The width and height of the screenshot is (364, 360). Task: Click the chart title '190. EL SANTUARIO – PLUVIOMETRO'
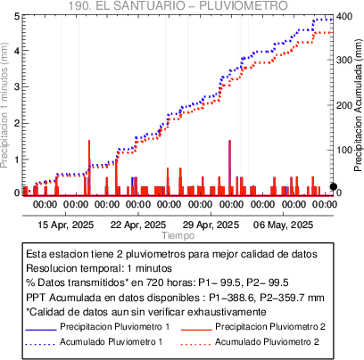pos(178,5)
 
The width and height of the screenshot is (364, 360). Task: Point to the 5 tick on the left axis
pos(17,17)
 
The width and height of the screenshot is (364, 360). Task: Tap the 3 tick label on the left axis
pos(17,87)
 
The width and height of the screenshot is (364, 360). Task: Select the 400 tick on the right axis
pos(344,17)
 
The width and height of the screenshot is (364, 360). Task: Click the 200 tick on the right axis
pos(344,105)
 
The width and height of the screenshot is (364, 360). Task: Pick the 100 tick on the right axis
pos(344,150)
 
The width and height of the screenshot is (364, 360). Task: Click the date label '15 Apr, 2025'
pos(66,225)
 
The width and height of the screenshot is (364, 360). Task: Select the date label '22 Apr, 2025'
pos(138,225)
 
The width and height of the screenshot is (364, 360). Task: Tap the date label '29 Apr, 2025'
pos(211,225)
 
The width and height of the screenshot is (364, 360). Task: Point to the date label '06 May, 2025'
pos(283,225)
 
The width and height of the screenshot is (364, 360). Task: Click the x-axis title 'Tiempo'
pos(178,235)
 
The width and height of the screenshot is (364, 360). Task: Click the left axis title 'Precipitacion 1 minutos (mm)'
pos(4,105)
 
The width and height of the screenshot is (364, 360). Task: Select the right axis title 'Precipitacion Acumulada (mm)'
pos(359,105)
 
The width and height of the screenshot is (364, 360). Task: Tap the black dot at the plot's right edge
pos(334,186)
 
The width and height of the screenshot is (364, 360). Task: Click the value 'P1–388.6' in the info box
pos(232,298)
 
